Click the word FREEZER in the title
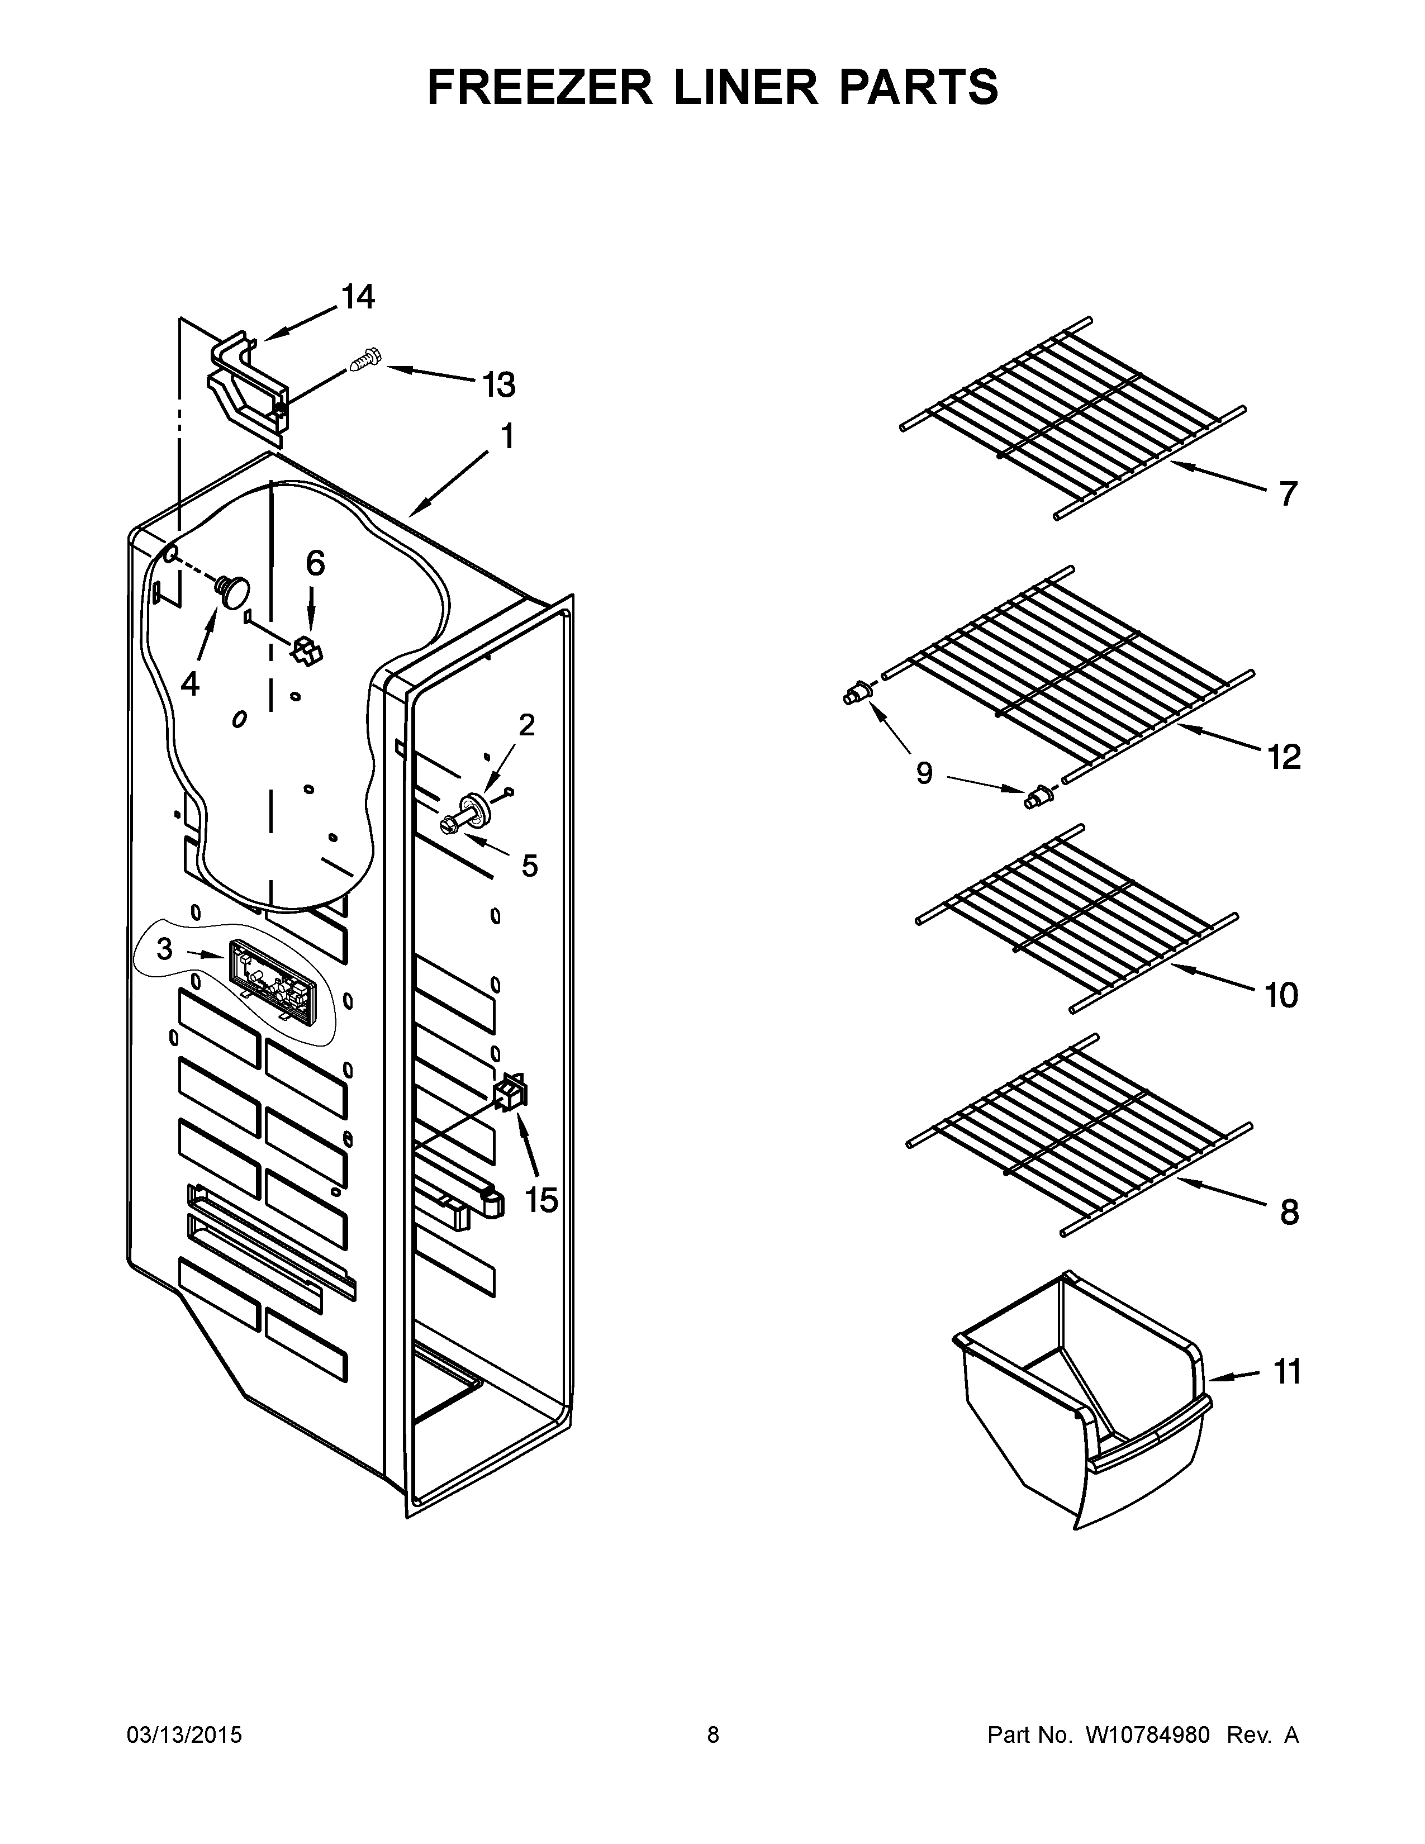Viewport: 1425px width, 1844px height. pyautogui.click(x=539, y=87)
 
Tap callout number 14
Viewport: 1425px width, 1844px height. pyautogui.click(x=358, y=297)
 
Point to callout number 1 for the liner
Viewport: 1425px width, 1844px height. pyautogui.click(x=506, y=438)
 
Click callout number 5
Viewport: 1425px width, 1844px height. pyautogui.click(x=529, y=866)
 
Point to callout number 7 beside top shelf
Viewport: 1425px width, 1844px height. pyautogui.click(x=1286, y=493)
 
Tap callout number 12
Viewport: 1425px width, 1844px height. pyautogui.click(x=1283, y=757)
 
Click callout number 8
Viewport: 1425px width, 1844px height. pyautogui.click(x=1289, y=1213)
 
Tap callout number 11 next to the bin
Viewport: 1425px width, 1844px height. pyautogui.click(x=1286, y=1372)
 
